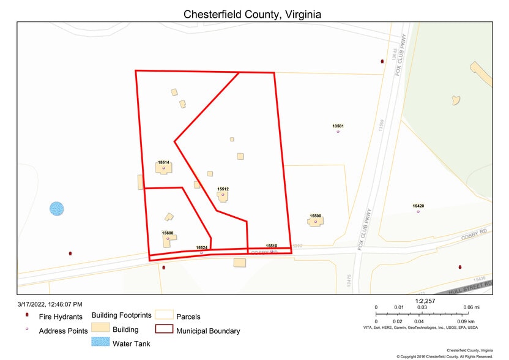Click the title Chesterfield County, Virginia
253,14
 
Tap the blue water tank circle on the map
56,209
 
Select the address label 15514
163,162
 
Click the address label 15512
223,189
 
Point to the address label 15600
168,233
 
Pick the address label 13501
338,126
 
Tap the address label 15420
418,206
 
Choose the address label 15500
316,216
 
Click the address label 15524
202,247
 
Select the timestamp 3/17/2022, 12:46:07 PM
50,304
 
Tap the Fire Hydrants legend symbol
27,316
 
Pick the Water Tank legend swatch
100,342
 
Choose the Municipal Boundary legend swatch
163,329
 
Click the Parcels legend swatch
163,315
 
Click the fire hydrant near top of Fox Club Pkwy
382,61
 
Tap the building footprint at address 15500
315,222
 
